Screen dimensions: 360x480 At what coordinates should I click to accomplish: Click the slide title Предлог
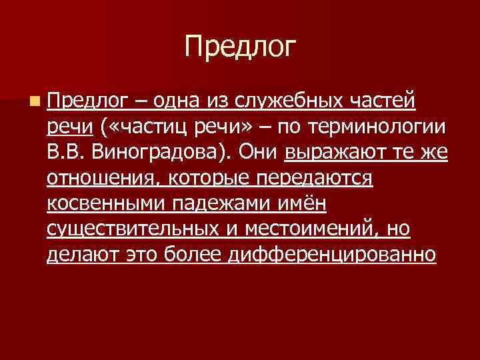(240, 47)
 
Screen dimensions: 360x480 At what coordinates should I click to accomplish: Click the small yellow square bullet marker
(34, 101)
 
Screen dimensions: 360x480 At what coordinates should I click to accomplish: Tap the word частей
(389, 101)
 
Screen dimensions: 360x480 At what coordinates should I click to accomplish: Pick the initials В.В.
(66, 152)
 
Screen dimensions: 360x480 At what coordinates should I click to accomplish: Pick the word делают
(79, 254)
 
